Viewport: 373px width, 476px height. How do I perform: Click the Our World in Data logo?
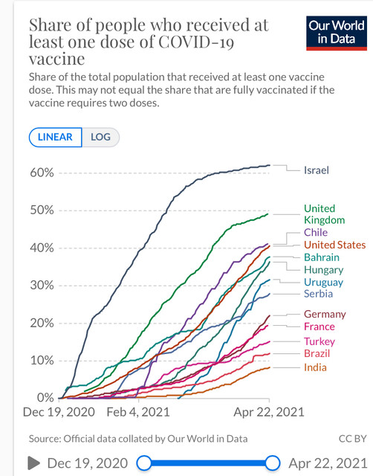tap(337, 33)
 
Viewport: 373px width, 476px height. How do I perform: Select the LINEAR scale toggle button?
tap(55, 137)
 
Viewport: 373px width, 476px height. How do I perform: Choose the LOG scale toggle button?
tap(100, 137)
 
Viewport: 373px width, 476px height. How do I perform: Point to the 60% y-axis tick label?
tap(42, 173)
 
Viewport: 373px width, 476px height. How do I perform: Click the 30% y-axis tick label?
tap(42, 286)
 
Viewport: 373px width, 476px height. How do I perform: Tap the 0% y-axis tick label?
tap(45, 397)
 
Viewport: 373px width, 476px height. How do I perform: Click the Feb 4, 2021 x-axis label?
tap(138, 412)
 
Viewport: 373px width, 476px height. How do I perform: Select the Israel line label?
tap(317, 170)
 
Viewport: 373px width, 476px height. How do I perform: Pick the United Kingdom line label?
tap(324, 214)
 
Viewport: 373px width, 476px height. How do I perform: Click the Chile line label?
tap(316, 232)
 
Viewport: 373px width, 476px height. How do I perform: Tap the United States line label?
tap(335, 245)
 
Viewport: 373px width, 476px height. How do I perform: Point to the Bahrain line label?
tap(322, 257)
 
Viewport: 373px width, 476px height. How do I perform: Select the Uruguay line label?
tap(323, 283)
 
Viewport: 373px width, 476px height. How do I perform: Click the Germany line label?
tap(325, 314)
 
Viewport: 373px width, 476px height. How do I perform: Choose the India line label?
tap(315, 367)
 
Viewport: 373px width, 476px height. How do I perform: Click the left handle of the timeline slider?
tap(143, 463)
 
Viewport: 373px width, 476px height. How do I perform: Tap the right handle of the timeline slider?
tap(273, 463)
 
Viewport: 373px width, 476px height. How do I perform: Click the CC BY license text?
tap(352, 439)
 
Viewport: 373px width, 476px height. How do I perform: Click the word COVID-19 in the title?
tap(196, 42)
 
